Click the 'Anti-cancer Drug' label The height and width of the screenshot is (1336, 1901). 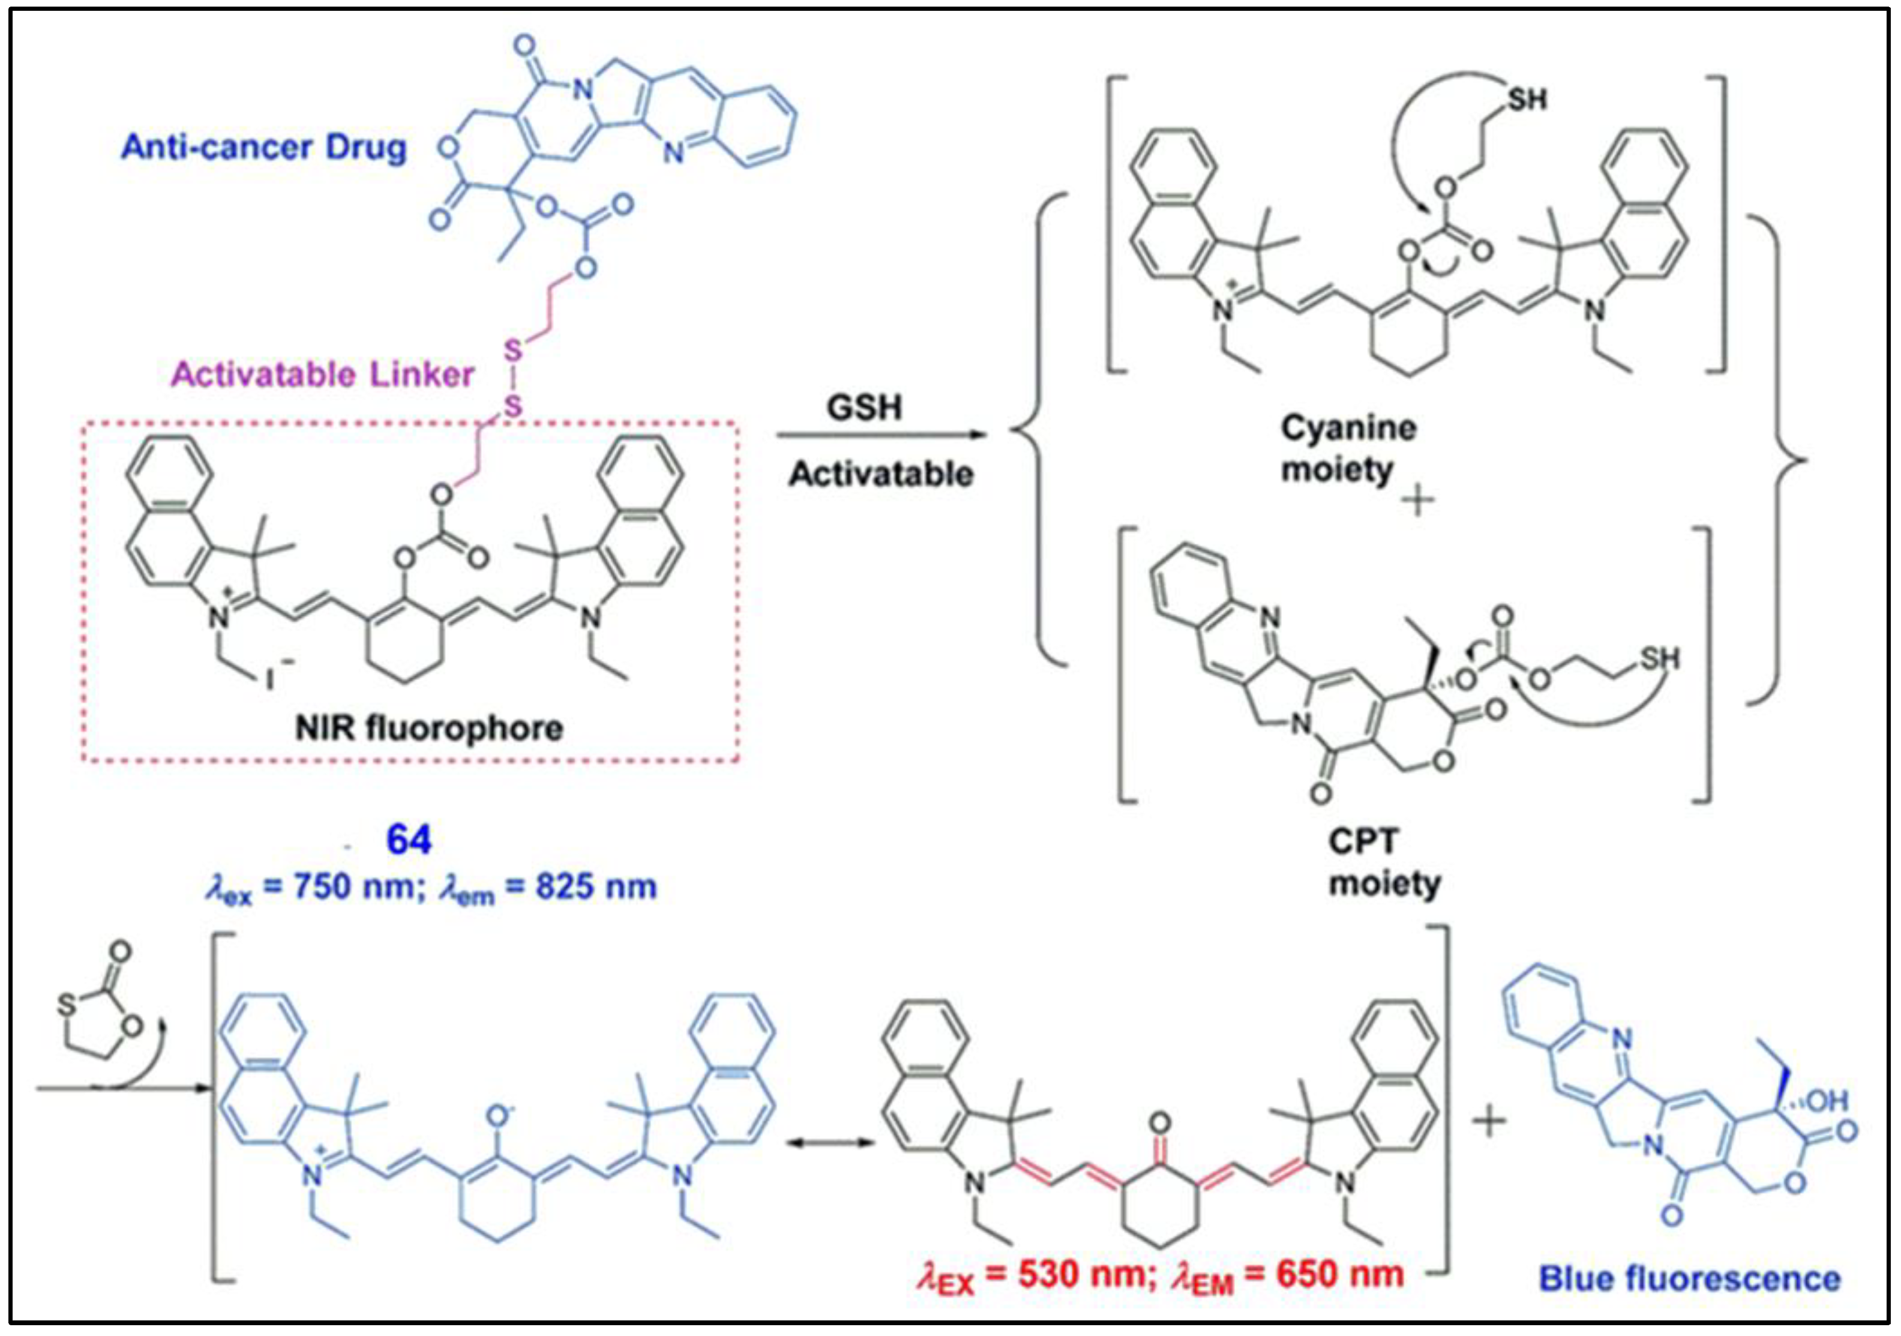click(x=263, y=148)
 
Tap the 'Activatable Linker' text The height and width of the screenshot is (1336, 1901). click(x=322, y=375)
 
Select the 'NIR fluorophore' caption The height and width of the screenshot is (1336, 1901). click(x=429, y=728)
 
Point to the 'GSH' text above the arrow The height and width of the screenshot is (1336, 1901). click(x=863, y=408)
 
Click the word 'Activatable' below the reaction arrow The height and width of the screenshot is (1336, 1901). click(x=880, y=474)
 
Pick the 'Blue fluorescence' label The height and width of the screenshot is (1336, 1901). click(x=1689, y=1278)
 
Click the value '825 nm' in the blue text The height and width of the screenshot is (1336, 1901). click(x=595, y=887)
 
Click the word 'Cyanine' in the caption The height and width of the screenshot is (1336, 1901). click(x=1348, y=428)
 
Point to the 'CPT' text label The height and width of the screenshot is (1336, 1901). click(x=1363, y=841)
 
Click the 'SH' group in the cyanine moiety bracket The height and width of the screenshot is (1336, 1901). click(x=1526, y=100)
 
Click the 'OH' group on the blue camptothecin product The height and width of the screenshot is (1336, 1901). click(x=1827, y=1100)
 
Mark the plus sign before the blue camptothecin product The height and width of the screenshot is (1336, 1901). click(x=1488, y=1123)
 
